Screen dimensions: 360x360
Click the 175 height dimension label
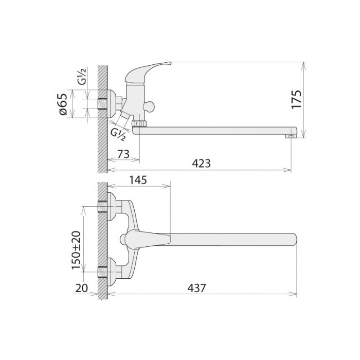(296, 99)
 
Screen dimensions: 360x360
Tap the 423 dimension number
(201, 164)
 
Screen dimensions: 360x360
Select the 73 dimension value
(123, 154)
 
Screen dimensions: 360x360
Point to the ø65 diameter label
(63, 104)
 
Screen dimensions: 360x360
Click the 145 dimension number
(138, 180)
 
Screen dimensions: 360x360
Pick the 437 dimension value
(196, 288)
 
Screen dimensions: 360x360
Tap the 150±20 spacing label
(76, 250)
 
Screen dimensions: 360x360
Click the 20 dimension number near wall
(81, 288)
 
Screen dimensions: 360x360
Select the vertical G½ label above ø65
(82, 77)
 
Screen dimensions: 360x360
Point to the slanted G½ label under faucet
(118, 135)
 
